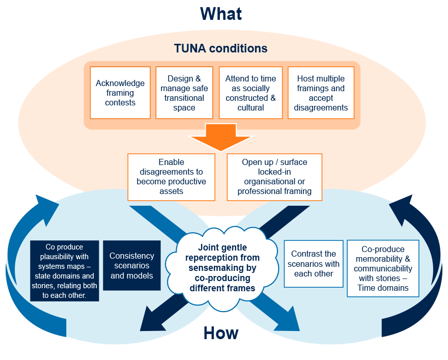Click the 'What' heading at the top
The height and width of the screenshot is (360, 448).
click(220, 14)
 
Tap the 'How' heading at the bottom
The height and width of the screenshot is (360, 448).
click(221, 333)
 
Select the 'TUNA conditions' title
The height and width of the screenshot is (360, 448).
click(220, 49)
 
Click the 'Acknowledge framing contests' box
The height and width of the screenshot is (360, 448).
click(120, 93)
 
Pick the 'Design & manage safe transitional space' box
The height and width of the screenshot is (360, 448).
click(184, 93)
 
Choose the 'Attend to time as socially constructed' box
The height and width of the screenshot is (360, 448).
click(250, 93)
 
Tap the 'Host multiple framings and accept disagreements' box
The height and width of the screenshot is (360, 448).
click(321, 93)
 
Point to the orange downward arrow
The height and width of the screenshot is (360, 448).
click(220, 136)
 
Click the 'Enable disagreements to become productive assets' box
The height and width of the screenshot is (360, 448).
click(171, 177)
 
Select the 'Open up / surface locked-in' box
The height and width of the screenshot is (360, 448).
click(274, 177)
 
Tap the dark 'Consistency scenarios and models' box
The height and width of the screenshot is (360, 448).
click(132, 265)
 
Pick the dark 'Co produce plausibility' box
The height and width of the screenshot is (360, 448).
click(64, 270)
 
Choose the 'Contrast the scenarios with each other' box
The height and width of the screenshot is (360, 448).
click(313, 263)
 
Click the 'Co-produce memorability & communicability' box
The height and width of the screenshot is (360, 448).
click(383, 268)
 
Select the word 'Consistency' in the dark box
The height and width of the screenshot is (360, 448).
click(132, 256)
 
